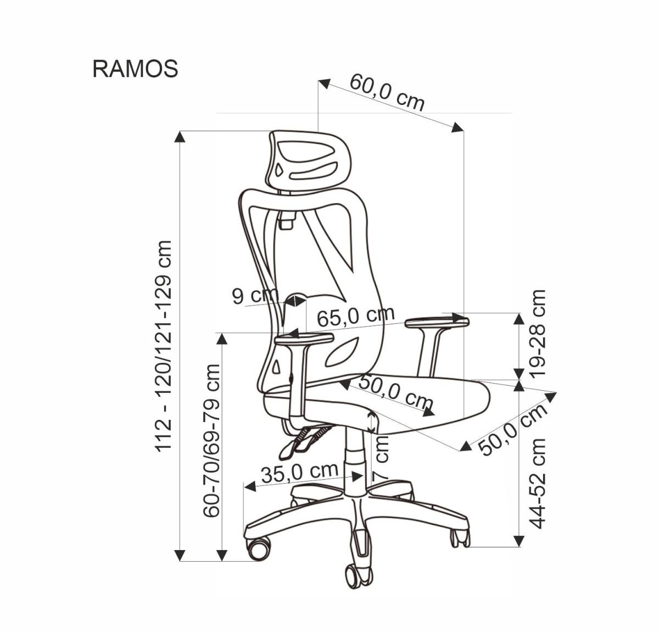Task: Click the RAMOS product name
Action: coord(135,69)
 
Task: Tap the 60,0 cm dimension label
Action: coord(387,91)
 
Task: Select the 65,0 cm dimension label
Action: coord(356,317)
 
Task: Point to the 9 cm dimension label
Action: coord(255,295)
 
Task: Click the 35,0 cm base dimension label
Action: coord(299,472)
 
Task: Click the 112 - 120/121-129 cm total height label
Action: coord(164,346)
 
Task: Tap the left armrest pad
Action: coord(304,340)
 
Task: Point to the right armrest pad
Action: coord(437,323)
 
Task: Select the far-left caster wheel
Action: coord(258,547)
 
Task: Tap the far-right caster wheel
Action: coord(460,538)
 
